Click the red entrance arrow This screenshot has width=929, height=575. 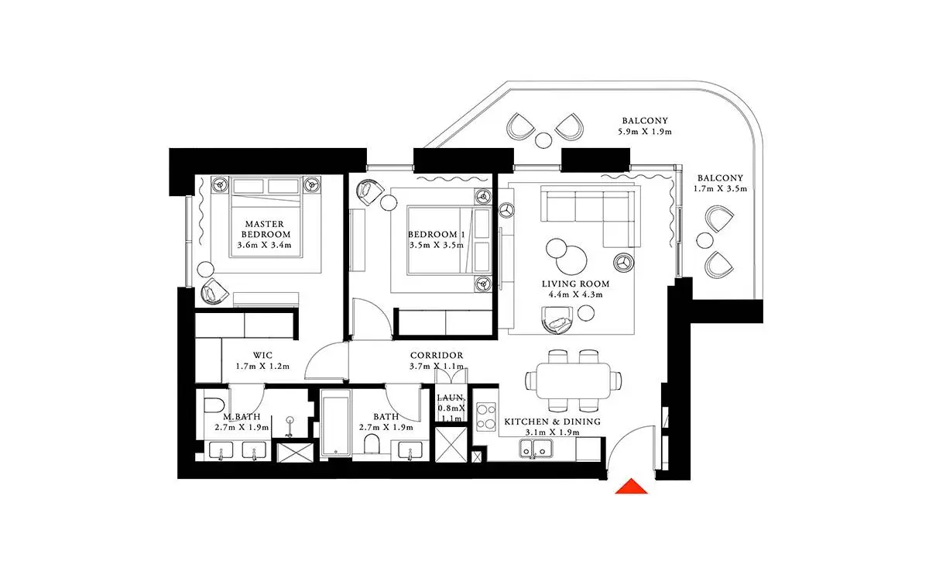(x=631, y=487)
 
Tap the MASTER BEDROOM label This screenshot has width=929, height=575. (x=266, y=229)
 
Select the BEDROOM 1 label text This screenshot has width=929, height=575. (x=437, y=235)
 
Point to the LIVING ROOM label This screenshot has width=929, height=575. (x=576, y=284)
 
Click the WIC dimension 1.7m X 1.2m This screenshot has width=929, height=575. (x=262, y=367)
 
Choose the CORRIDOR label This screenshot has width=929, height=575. (x=437, y=356)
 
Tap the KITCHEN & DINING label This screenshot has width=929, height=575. (x=553, y=422)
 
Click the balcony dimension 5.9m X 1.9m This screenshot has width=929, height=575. (x=645, y=132)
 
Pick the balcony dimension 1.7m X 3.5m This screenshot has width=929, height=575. (x=721, y=189)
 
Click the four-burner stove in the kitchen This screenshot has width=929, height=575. (x=485, y=417)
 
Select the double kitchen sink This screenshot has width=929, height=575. (x=536, y=449)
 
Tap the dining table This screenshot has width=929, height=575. (x=574, y=380)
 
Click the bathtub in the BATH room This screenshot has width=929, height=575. (x=335, y=422)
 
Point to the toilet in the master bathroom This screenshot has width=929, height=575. (x=214, y=405)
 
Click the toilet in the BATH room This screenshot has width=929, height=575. (x=372, y=444)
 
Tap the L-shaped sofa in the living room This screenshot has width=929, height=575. (x=589, y=217)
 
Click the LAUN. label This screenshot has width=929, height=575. (x=451, y=398)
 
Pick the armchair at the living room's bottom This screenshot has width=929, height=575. (x=557, y=320)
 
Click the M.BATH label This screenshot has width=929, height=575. (x=242, y=417)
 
